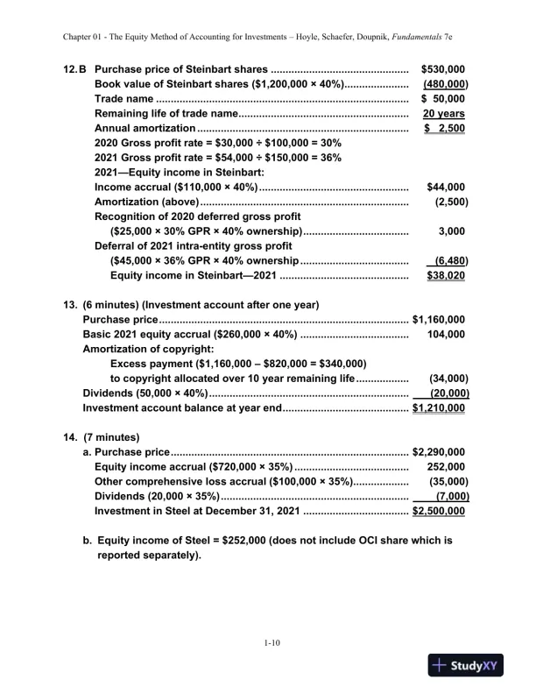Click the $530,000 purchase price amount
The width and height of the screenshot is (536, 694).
pos(443,68)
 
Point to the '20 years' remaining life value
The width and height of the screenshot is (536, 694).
pos(443,114)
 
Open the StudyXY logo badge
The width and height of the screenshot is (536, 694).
pos(469,665)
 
